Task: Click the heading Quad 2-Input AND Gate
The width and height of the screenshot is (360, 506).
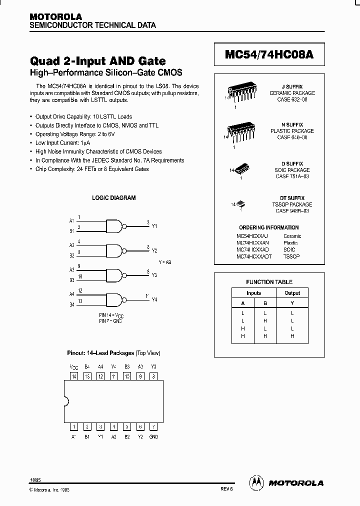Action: [x=98, y=61]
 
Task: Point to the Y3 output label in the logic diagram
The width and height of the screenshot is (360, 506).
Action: [x=154, y=275]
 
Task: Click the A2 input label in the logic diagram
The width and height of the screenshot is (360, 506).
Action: [x=71, y=245]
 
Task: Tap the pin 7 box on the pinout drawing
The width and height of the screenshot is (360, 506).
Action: [x=154, y=426]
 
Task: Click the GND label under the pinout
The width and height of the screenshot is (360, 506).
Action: [x=154, y=436]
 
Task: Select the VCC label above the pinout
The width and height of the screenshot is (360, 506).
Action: [x=73, y=366]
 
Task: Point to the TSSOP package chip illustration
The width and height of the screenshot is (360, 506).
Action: [x=240, y=203]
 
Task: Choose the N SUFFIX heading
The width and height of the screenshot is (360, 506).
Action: [x=292, y=124]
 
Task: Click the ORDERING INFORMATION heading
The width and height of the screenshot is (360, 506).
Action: [x=269, y=227]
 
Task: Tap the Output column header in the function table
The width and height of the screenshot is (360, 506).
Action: [x=292, y=293]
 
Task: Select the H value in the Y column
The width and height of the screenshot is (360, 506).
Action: [x=292, y=336]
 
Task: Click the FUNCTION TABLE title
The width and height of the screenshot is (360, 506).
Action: [x=269, y=282]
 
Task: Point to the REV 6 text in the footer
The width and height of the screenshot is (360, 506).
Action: [x=226, y=490]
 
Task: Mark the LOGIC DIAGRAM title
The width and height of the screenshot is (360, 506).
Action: [x=113, y=198]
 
